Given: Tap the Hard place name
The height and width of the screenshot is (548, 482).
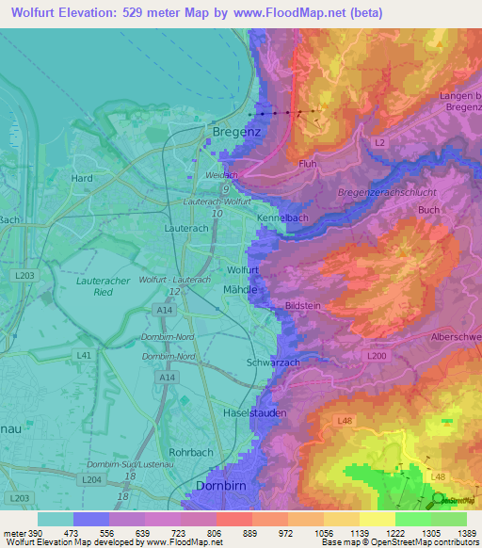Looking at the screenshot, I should (x=82, y=178).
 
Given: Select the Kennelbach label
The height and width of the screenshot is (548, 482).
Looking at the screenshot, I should (x=282, y=218).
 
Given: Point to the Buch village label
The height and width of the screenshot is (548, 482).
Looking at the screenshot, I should (x=428, y=210).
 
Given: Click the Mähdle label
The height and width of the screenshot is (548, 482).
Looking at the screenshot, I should (x=241, y=290).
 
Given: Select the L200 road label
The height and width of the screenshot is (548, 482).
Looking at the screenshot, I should (x=377, y=355).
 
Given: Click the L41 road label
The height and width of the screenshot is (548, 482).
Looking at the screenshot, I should (x=84, y=355).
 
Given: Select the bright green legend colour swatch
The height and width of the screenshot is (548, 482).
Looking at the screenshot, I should (x=412, y=519).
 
